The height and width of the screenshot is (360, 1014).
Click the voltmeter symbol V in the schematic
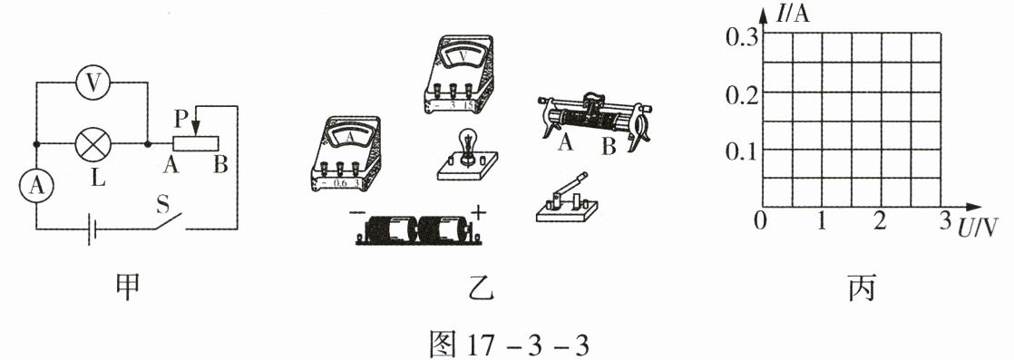click(x=94, y=83)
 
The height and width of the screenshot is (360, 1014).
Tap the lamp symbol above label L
click(x=94, y=143)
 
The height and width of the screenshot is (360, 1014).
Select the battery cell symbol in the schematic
click(x=92, y=229)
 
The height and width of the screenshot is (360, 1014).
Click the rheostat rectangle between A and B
click(x=195, y=143)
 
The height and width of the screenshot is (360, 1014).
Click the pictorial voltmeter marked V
click(x=459, y=74)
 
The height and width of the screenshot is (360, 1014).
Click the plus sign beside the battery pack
click(x=479, y=211)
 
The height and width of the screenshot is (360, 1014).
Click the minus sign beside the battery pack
click(x=357, y=212)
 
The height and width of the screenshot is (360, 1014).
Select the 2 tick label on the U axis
click(x=880, y=221)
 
